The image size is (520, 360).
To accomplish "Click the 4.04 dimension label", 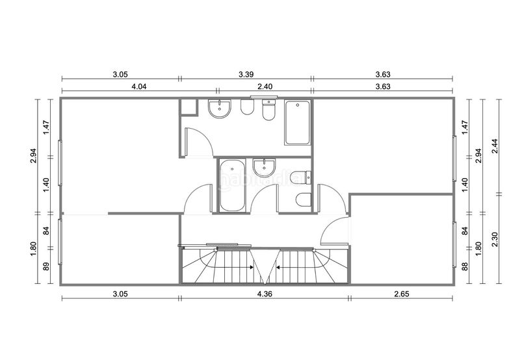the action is pos(139,87).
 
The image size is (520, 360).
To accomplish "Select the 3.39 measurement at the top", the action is pos(246,75).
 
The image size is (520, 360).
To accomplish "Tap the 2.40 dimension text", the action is pos(265,87).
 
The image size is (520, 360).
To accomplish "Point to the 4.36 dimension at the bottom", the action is pos(265,294).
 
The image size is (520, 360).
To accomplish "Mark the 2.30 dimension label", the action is pos(495,239).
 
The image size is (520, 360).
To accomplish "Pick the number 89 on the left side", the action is pos(46,266).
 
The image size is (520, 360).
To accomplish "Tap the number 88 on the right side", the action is pos(465,266).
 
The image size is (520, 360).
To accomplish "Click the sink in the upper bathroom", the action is pos(219,109).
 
